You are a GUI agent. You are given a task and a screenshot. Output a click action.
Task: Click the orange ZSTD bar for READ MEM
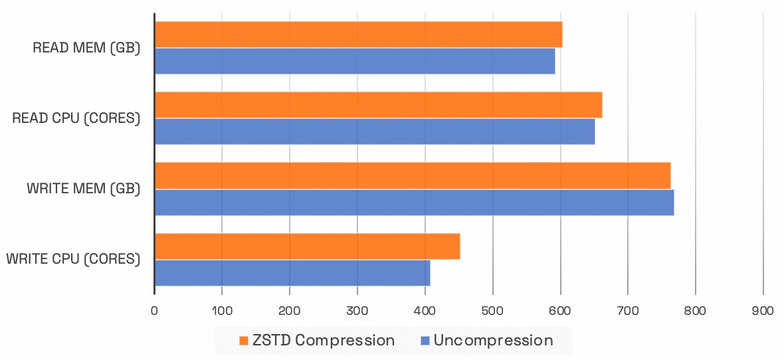click(x=358, y=35)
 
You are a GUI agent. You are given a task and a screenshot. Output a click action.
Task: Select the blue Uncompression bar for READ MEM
click(x=354, y=61)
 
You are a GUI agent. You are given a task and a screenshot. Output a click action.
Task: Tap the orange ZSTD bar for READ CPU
click(x=378, y=105)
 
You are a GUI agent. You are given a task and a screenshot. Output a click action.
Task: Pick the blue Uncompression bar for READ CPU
click(x=374, y=132)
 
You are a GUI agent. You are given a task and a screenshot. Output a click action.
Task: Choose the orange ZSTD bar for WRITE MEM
click(x=412, y=175)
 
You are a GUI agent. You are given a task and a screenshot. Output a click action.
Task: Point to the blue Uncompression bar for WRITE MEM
click(x=414, y=202)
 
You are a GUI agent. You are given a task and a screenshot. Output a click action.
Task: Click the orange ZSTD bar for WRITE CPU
click(x=307, y=246)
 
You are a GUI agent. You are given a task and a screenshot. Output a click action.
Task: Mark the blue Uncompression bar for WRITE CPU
click(x=292, y=273)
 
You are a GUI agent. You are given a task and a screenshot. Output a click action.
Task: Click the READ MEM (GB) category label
click(x=86, y=48)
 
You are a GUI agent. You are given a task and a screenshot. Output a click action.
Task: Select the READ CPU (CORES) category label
click(x=76, y=119)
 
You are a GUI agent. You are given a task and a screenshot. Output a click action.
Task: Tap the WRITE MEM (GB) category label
click(x=84, y=189)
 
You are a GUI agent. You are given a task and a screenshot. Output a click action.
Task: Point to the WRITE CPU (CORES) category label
click(x=73, y=259)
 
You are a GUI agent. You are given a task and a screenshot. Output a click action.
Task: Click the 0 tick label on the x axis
click(x=154, y=310)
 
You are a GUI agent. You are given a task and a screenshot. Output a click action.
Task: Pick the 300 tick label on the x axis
click(x=357, y=310)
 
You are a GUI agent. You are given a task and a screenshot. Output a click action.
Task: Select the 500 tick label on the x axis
click(x=492, y=310)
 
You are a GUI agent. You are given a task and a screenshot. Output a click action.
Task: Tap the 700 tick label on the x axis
click(x=628, y=310)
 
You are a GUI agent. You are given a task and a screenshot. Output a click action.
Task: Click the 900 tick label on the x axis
click(x=763, y=310)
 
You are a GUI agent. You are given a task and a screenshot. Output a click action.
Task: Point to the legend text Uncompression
click(x=493, y=341)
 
